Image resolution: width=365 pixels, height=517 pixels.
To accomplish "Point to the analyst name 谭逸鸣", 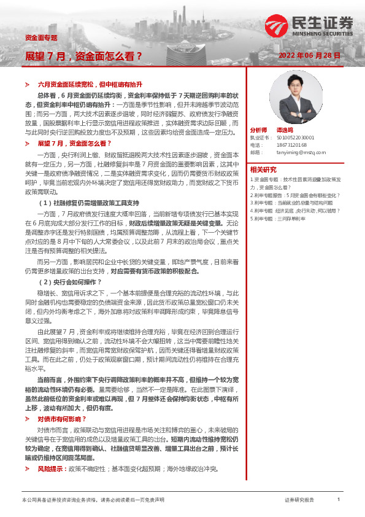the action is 284,131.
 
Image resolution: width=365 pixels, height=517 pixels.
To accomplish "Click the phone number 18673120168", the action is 290,145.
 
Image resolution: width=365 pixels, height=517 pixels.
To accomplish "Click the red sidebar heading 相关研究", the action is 263,169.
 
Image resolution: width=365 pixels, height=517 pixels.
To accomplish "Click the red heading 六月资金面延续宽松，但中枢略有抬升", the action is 90,83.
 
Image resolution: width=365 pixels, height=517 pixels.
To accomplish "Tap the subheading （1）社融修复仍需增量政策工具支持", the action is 90,202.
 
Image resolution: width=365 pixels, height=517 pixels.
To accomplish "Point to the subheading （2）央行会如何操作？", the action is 66,282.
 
